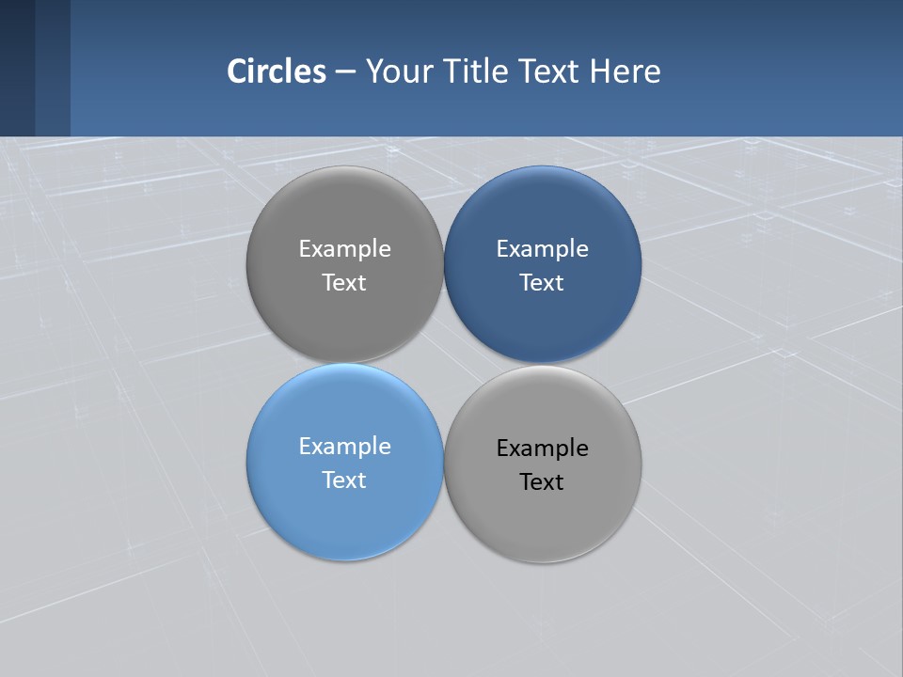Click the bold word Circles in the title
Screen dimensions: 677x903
277,71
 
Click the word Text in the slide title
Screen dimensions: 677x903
550,71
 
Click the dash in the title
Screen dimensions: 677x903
345,72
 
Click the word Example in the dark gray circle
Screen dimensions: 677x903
344,249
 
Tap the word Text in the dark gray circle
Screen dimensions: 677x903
344,283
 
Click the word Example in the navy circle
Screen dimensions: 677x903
543,249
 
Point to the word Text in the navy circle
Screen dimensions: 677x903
543,283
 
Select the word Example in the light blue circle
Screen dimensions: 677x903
344,447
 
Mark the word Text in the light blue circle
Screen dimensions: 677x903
344,480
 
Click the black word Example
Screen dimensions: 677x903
543,449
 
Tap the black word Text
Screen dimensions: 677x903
543,482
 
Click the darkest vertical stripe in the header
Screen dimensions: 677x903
17,68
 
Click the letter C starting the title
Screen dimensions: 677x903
236,71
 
